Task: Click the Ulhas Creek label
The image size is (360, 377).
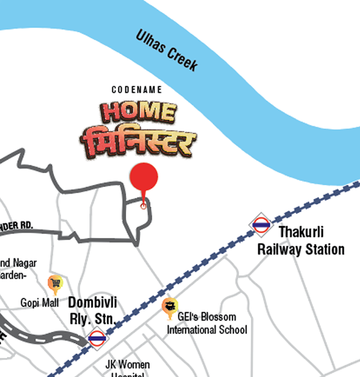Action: tap(166, 50)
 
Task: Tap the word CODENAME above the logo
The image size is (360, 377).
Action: tap(137, 90)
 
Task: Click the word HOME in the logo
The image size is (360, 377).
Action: tap(137, 112)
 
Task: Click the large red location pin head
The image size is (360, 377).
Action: tap(144, 177)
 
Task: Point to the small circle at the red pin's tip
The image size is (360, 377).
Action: tap(143, 206)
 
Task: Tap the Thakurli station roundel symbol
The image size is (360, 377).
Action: tap(261, 225)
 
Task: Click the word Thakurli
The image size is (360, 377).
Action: tap(301, 232)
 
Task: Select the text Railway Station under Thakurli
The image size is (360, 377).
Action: tap(301, 249)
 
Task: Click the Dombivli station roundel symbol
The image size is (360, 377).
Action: tap(97, 337)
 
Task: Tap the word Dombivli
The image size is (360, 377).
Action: tap(93, 303)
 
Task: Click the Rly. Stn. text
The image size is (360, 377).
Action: tap(92, 319)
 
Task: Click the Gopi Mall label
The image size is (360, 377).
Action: tap(40, 303)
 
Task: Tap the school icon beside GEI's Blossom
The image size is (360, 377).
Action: tap(170, 308)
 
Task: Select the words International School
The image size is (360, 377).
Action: tap(207, 330)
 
